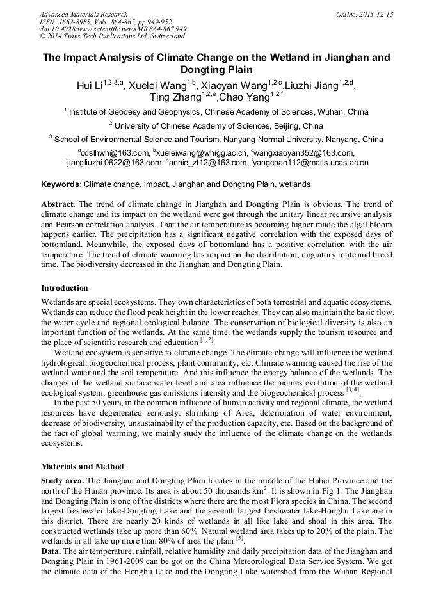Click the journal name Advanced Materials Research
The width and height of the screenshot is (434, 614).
[83, 14]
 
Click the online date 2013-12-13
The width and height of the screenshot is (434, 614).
[375, 14]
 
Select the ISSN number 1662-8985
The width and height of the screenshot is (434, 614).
[80, 22]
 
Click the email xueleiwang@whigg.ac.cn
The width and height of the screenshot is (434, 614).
[201, 153]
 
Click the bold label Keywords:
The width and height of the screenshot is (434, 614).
[61, 184]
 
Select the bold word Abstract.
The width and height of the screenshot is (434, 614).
[58, 203]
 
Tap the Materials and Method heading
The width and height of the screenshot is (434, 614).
[83, 467]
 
